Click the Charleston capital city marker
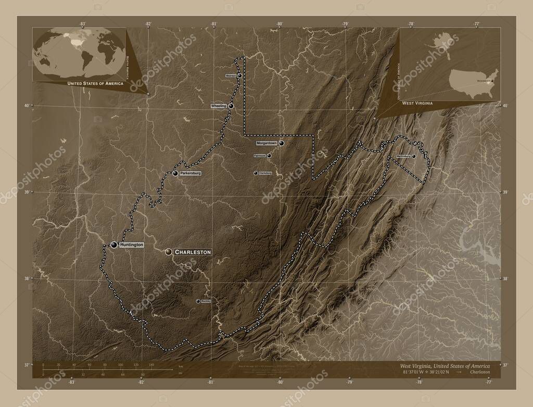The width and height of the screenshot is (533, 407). coord(168,252)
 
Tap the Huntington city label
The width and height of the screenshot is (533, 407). coord(131,244)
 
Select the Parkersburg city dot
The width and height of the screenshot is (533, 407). coord(175,173)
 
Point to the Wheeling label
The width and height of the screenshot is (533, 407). coord(219,106)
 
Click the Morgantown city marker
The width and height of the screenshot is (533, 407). coord(281,143)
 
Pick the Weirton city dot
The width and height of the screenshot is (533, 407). coord(240,76)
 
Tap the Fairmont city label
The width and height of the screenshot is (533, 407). coord(259,155)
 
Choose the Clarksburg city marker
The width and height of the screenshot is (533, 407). coord(256,173)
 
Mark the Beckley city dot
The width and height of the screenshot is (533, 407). coord(198,301)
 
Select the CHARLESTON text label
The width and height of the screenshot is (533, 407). coord(193,252)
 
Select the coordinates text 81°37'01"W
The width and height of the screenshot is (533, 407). coord(410,373)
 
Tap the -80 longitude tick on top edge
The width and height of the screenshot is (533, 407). coord(280,24)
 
